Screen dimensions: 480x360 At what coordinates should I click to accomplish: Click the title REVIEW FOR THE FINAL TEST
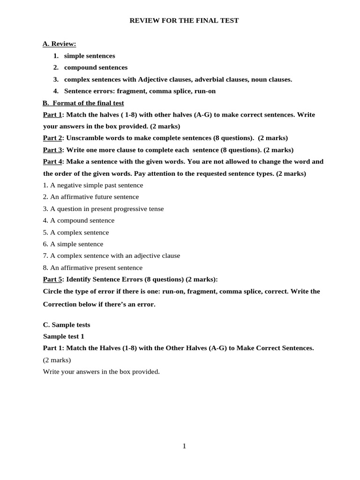(184, 21)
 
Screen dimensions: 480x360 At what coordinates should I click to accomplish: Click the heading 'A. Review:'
(59, 44)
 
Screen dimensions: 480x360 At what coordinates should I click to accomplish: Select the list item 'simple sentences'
(90, 56)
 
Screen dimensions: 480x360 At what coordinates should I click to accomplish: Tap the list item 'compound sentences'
(96, 67)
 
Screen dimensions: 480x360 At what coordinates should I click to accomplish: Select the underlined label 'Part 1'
(52, 115)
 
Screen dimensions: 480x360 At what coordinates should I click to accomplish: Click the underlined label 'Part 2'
(52, 138)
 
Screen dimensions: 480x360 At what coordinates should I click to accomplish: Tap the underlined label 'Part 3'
(52, 150)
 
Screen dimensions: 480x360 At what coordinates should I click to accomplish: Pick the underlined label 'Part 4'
(52, 162)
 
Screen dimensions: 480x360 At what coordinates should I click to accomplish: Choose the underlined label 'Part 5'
(52, 279)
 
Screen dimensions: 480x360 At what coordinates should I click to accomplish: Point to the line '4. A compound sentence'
(79, 220)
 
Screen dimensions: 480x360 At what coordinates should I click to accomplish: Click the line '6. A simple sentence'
(73, 244)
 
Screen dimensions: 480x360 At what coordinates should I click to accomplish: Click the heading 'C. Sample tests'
(67, 325)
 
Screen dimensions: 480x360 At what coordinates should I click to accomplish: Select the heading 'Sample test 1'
(63, 337)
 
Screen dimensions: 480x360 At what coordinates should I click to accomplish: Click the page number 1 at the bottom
(184, 446)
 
